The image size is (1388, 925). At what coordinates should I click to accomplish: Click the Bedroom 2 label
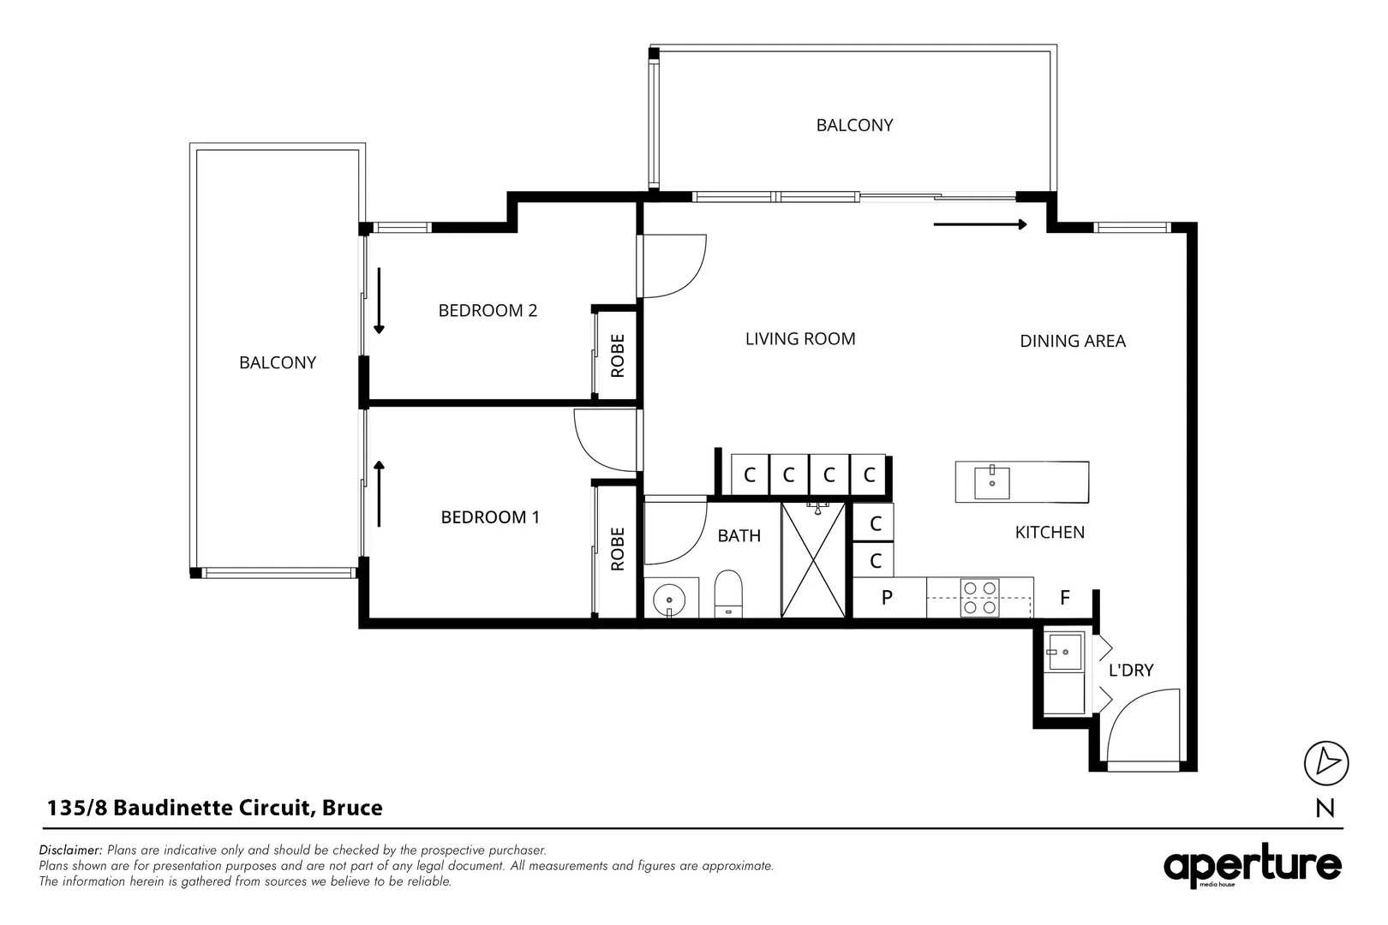point(488,310)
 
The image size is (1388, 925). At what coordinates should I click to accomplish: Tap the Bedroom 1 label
point(490,517)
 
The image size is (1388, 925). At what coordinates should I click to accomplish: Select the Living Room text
point(800,339)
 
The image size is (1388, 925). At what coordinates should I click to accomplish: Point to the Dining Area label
point(1073,341)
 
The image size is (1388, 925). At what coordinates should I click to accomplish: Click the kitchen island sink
point(991,483)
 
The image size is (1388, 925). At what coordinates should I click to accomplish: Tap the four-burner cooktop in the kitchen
point(979,598)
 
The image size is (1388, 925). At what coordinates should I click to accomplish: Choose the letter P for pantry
point(887,597)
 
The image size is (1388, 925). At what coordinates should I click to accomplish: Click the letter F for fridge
point(1064,597)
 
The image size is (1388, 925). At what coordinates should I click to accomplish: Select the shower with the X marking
point(813,560)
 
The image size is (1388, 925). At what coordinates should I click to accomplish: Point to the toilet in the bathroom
point(728,594)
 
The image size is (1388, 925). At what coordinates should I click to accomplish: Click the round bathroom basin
point(668,600)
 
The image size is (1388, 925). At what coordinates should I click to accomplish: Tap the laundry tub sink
point(1064,652)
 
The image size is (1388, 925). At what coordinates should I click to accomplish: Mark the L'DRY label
point(1131,671)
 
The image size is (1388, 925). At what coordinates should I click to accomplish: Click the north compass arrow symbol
point(1326,762)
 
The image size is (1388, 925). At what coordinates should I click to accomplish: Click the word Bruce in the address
point(352,808)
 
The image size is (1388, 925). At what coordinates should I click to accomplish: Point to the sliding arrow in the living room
point(980,224)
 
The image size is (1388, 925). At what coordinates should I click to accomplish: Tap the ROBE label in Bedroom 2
point(618,355)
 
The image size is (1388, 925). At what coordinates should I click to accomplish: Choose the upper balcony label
point(854,125)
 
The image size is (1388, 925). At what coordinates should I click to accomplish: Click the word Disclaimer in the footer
point(70,850)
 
